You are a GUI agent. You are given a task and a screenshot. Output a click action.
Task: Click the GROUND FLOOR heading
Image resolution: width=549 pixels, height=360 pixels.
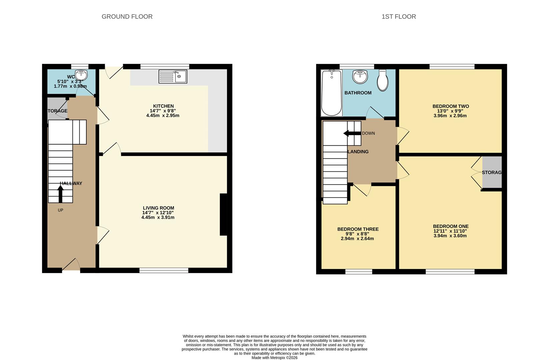(127, 17)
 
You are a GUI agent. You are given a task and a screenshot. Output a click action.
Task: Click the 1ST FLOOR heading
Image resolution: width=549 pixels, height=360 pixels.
(399, 17)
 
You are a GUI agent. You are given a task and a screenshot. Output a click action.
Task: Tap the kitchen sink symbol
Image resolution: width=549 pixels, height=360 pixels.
(173, 76)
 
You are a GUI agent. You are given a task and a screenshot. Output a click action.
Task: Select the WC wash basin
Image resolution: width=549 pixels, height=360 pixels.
(81, 75)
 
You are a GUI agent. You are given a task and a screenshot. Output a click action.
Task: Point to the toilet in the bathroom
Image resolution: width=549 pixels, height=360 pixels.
(383, 80)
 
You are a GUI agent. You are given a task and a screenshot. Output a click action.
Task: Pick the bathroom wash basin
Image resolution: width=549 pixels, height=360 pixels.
(360, 77)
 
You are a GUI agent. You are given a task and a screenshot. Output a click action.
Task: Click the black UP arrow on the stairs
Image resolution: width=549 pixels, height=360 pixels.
(60, 194)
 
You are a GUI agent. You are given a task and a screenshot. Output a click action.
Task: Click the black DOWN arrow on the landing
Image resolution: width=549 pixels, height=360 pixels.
(351, 133)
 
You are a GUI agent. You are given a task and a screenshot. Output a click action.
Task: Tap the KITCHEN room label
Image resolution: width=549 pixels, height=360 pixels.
(163, 106)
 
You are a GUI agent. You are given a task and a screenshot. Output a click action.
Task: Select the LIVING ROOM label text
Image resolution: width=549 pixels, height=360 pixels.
(158, 208)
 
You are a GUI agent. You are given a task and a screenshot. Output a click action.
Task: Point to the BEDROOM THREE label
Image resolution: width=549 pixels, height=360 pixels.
(358, 229)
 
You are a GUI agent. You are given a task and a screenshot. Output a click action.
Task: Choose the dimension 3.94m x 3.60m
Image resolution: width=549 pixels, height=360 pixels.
(450, 236)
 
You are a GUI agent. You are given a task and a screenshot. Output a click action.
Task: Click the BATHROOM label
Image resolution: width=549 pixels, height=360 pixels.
(358, 93)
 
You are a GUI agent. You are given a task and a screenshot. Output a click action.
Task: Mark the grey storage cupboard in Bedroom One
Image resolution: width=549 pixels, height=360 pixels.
(492, 172)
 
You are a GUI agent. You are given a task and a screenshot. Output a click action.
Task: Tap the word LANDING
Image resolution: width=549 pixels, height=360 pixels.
(358, 152)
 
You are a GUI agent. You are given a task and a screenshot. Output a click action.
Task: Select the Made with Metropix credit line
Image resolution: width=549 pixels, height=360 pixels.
(274, 358)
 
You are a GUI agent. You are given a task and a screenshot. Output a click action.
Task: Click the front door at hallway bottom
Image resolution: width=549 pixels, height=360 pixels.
(71, 266)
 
